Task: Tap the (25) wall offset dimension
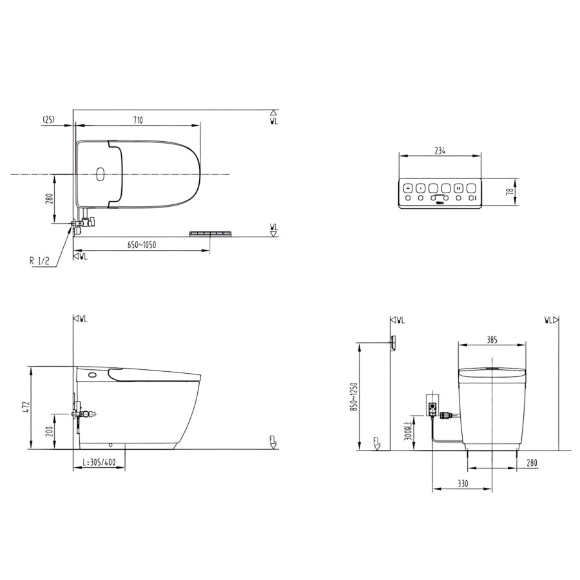[x=48, y=119]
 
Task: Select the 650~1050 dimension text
[x=142, y=245]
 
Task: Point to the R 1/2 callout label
[x=39, y=261]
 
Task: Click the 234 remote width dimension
[x=440, y=151]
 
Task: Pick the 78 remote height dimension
[x=510, y=191]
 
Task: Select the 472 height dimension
[x=24, y=407]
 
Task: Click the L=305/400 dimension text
[x=99, y=462]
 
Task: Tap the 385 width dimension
[x=492, y=340]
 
